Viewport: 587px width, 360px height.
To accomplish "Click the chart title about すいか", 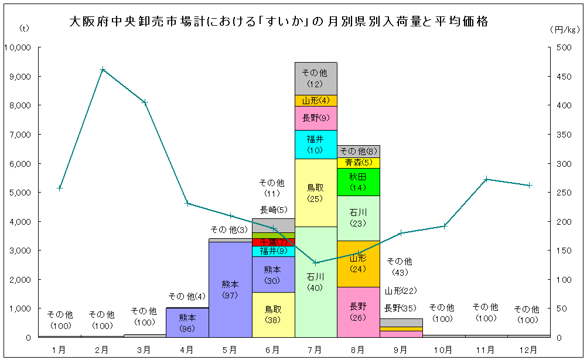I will [279, 22].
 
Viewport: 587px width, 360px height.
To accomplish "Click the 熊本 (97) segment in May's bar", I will [230, 289].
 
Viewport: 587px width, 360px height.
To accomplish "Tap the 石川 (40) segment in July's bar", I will [316, 282].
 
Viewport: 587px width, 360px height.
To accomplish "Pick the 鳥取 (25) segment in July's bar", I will [316, 193].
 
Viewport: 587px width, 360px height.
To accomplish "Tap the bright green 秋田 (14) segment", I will [358, 181].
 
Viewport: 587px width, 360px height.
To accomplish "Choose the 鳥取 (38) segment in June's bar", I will [273, 314].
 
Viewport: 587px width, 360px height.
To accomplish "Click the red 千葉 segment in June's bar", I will [273, 242].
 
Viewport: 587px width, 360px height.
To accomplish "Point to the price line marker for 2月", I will [103, 69].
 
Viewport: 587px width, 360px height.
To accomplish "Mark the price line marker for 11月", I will [486, 179].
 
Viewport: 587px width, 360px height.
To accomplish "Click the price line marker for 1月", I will [60, 188].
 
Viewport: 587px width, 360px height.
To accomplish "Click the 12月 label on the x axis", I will [528, 349].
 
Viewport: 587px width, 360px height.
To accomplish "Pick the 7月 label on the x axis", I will [316, 349].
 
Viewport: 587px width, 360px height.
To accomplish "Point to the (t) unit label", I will [24, 29].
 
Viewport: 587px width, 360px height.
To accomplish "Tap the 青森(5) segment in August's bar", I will [358, 163].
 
